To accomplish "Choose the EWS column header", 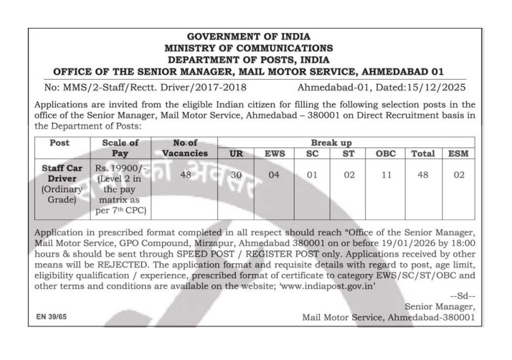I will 274,153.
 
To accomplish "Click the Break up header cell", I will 345,143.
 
